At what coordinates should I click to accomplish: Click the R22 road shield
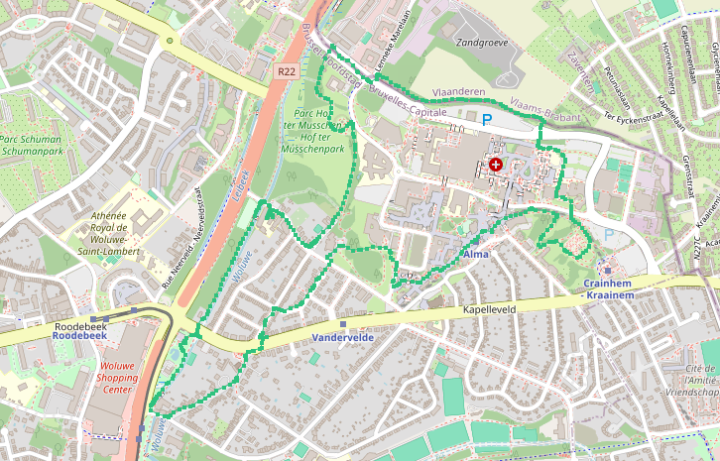tap(288, 71)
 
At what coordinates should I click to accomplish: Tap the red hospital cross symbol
tap(495, 165)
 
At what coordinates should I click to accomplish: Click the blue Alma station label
tap(476, 255)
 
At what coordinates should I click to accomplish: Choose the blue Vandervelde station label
tap(342, 337)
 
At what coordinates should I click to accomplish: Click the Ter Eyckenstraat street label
tap(636, 115)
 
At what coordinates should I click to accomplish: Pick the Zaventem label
tap(582, 71)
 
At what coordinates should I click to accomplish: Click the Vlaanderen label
tap(459, 91)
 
